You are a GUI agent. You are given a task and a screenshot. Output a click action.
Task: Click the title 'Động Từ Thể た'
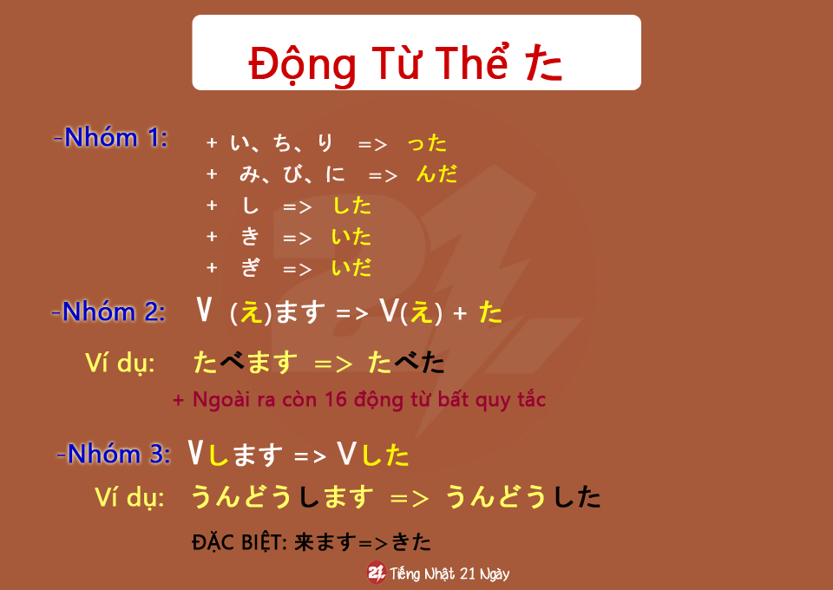click(405, 63)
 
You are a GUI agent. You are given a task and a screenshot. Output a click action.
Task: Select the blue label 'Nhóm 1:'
click(116, 138)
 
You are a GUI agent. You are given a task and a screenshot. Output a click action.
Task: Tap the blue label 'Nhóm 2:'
click(115, 311)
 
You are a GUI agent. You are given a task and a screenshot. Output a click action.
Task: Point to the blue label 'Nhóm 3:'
click(119, 454)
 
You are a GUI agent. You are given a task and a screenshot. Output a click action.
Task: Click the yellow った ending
click(427, 143)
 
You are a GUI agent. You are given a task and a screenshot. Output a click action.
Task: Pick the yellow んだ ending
click(436, 174)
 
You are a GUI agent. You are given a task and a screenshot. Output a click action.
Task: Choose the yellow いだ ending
click(351, 267)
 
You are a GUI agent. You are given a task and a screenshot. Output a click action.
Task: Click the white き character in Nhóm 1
click(250, 237)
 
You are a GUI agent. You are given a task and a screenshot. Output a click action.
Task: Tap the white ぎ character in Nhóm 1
click(251, 267)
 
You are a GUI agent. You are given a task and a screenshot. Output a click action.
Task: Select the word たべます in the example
click(246, 363)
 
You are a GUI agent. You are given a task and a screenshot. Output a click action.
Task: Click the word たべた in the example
click(406, 363)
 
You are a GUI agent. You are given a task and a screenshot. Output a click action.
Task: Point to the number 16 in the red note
click(336, 399)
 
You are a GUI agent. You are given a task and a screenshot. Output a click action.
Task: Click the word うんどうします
click(282, 497)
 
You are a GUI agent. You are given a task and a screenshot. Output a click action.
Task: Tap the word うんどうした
click(523, 497)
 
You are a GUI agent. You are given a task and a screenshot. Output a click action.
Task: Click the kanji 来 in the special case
click(305, 542)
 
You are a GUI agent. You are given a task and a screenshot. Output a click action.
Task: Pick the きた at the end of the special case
click(411, 542)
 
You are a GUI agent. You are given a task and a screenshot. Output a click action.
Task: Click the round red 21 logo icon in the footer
click(377, 573)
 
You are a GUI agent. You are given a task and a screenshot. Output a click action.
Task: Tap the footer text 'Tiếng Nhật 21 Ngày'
click(449, 574)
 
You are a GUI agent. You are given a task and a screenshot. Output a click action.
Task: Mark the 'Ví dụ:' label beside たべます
click(120, 364)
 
